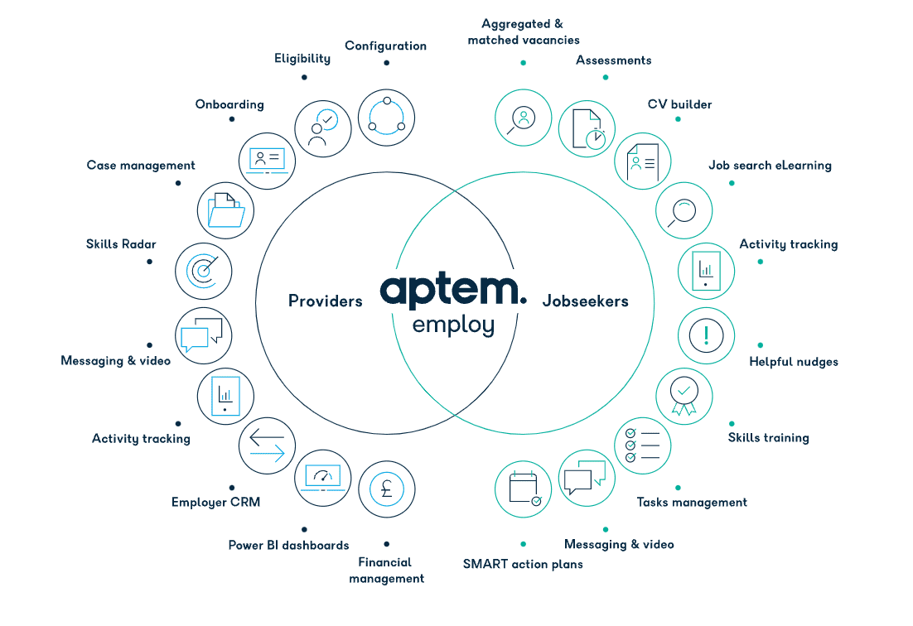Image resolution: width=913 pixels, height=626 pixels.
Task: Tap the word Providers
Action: [x=326, y=301]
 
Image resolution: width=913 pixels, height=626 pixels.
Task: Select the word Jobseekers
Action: [x=585, y=301]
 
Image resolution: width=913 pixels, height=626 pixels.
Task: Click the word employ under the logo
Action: [x=453, y=325]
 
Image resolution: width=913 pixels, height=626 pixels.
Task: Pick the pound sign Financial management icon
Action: [x=387, y=489]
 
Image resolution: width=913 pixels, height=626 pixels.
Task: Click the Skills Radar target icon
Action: [x=204, y=271]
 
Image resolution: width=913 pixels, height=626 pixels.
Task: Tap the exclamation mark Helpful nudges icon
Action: [x=707, y=335]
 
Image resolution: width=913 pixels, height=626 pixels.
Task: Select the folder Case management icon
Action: [x=226, y=210]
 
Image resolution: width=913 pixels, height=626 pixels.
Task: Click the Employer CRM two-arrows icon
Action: [x=268, y=445]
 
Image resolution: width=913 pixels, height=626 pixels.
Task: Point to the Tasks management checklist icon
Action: [x=643, y=445]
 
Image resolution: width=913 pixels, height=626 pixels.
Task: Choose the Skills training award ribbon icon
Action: [x=684, y=396]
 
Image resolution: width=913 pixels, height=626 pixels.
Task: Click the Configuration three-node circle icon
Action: [x=387, y=118]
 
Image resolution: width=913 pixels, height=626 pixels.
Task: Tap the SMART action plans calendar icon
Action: [x=524, y=489]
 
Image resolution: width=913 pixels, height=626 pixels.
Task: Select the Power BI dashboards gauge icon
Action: [x=323, y=478]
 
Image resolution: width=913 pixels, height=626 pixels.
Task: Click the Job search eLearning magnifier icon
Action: [x=684, y=210]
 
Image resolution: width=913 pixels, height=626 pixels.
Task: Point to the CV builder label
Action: [x=679, y=104]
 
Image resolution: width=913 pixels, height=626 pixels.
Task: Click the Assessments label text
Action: [x=614, y=60]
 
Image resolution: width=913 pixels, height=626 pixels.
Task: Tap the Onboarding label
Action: [x=229, y=104]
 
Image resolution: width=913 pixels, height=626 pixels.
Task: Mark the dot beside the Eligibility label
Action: [x=305, y=77]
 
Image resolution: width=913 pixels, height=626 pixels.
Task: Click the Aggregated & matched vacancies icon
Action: [x=524, y=118]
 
